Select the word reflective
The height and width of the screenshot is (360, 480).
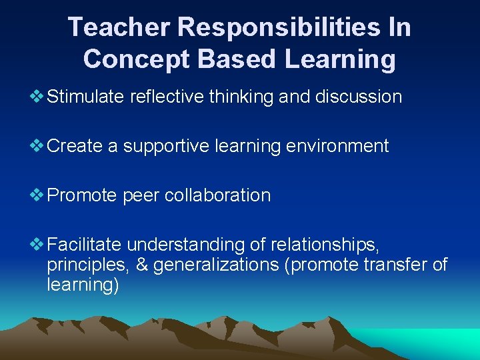click(167, 97)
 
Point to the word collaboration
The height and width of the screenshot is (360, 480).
click(217, 196)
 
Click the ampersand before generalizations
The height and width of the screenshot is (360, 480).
click(141, 265)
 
